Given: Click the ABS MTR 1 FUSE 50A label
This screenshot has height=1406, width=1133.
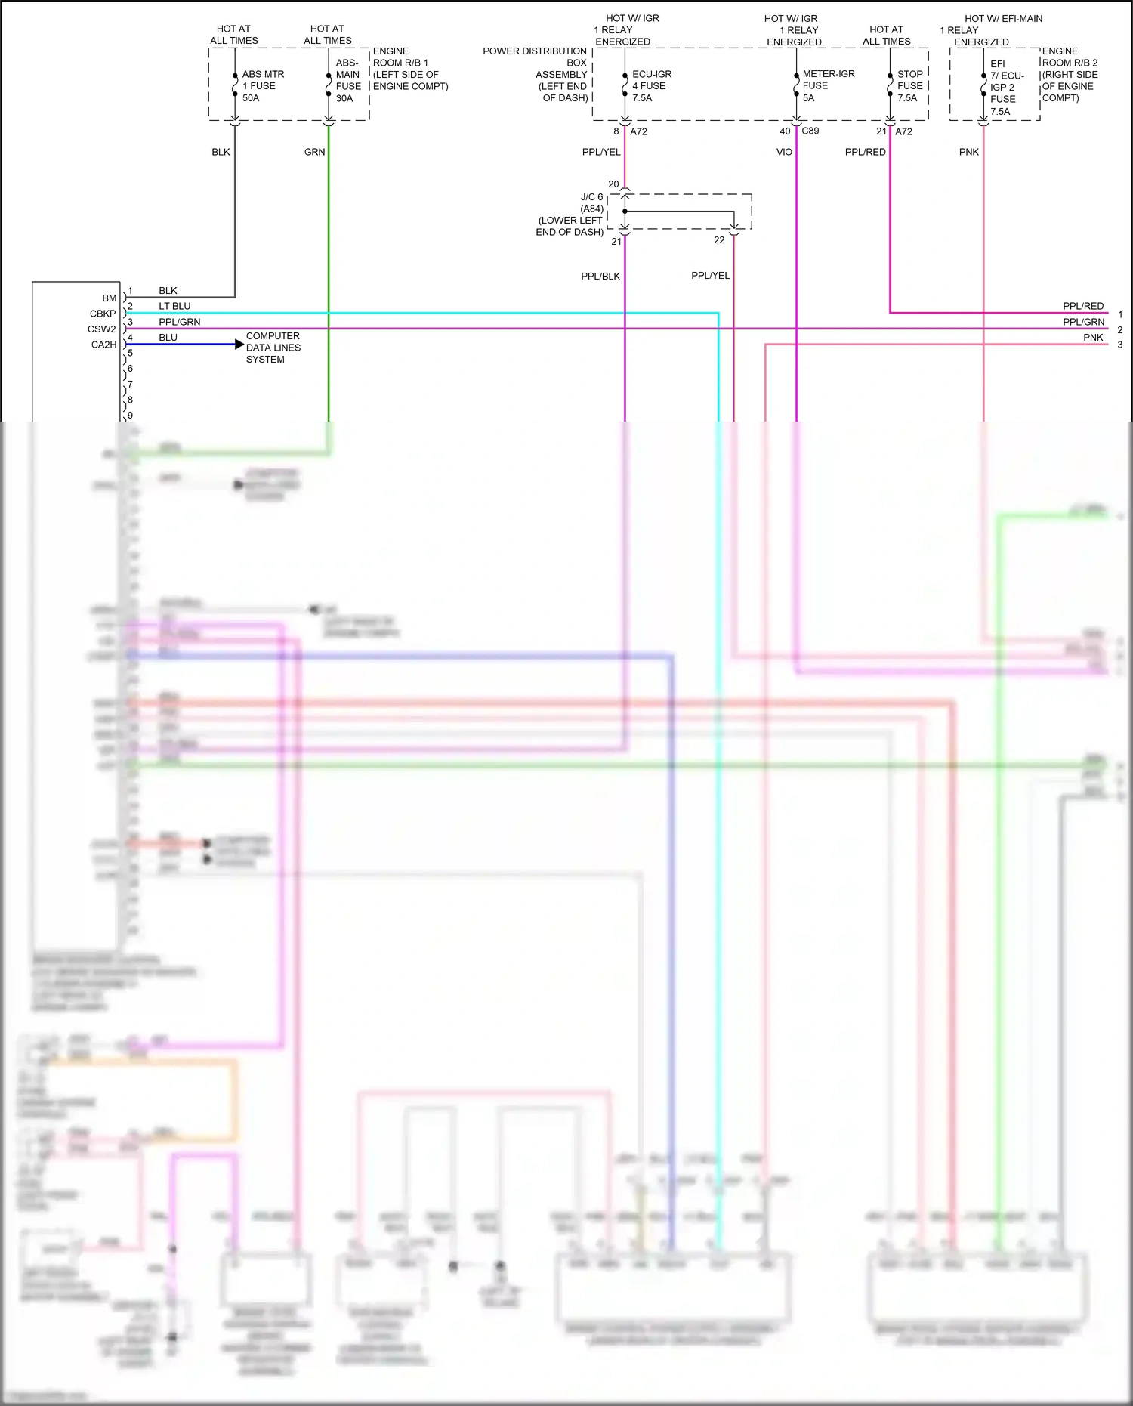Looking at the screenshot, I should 262,86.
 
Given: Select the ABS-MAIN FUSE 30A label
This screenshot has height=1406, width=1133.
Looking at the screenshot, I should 348,81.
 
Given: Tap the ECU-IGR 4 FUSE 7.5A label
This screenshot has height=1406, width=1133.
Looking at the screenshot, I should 651,86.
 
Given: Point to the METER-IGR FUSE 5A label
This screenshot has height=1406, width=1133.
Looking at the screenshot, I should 828,85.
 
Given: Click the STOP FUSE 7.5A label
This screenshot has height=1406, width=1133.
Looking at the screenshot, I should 909,86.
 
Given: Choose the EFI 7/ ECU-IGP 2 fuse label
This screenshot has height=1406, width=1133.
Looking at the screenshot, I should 1006,88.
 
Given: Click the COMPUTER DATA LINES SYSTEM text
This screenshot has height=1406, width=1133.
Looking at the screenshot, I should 273,348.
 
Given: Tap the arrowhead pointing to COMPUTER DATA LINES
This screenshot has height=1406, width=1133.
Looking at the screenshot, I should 239,345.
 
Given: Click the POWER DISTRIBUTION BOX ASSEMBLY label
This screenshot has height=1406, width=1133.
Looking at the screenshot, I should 536,74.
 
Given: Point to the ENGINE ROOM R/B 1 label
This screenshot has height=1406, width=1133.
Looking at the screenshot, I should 410,69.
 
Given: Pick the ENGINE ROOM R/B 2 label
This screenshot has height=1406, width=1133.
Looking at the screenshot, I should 1070,74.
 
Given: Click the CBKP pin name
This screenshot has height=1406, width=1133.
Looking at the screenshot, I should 103,314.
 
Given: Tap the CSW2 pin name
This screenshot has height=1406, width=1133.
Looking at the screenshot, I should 101,329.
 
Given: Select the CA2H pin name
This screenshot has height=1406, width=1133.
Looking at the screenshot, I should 103,345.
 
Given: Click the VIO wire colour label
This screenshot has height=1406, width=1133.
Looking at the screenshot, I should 784,152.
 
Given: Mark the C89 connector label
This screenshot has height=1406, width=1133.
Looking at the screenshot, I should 810,131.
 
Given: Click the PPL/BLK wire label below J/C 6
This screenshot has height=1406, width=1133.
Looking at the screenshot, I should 600,276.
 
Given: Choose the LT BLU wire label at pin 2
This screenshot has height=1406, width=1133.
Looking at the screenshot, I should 174,306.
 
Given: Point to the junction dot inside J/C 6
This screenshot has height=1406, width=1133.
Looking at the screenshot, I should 625,212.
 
